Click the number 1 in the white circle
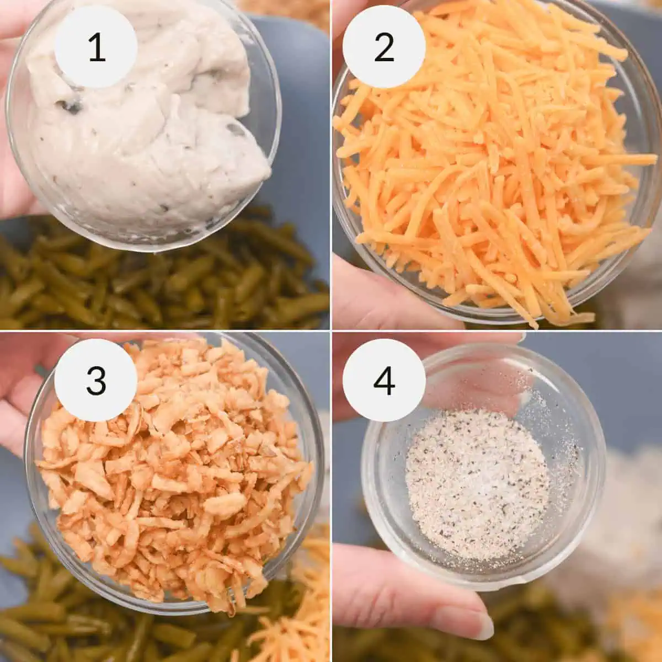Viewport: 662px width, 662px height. [x=96, y=47]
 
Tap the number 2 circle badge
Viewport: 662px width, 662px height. [x=384, y=47]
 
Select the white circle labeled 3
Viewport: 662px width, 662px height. [x=96, y=380]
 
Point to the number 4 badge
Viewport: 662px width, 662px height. [x=384, y=380]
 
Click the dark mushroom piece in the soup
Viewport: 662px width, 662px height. [x=71, y=106]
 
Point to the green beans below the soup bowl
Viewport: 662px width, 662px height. [x=165, y=281]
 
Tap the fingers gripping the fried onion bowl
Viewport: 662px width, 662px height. [x=22, y=386]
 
